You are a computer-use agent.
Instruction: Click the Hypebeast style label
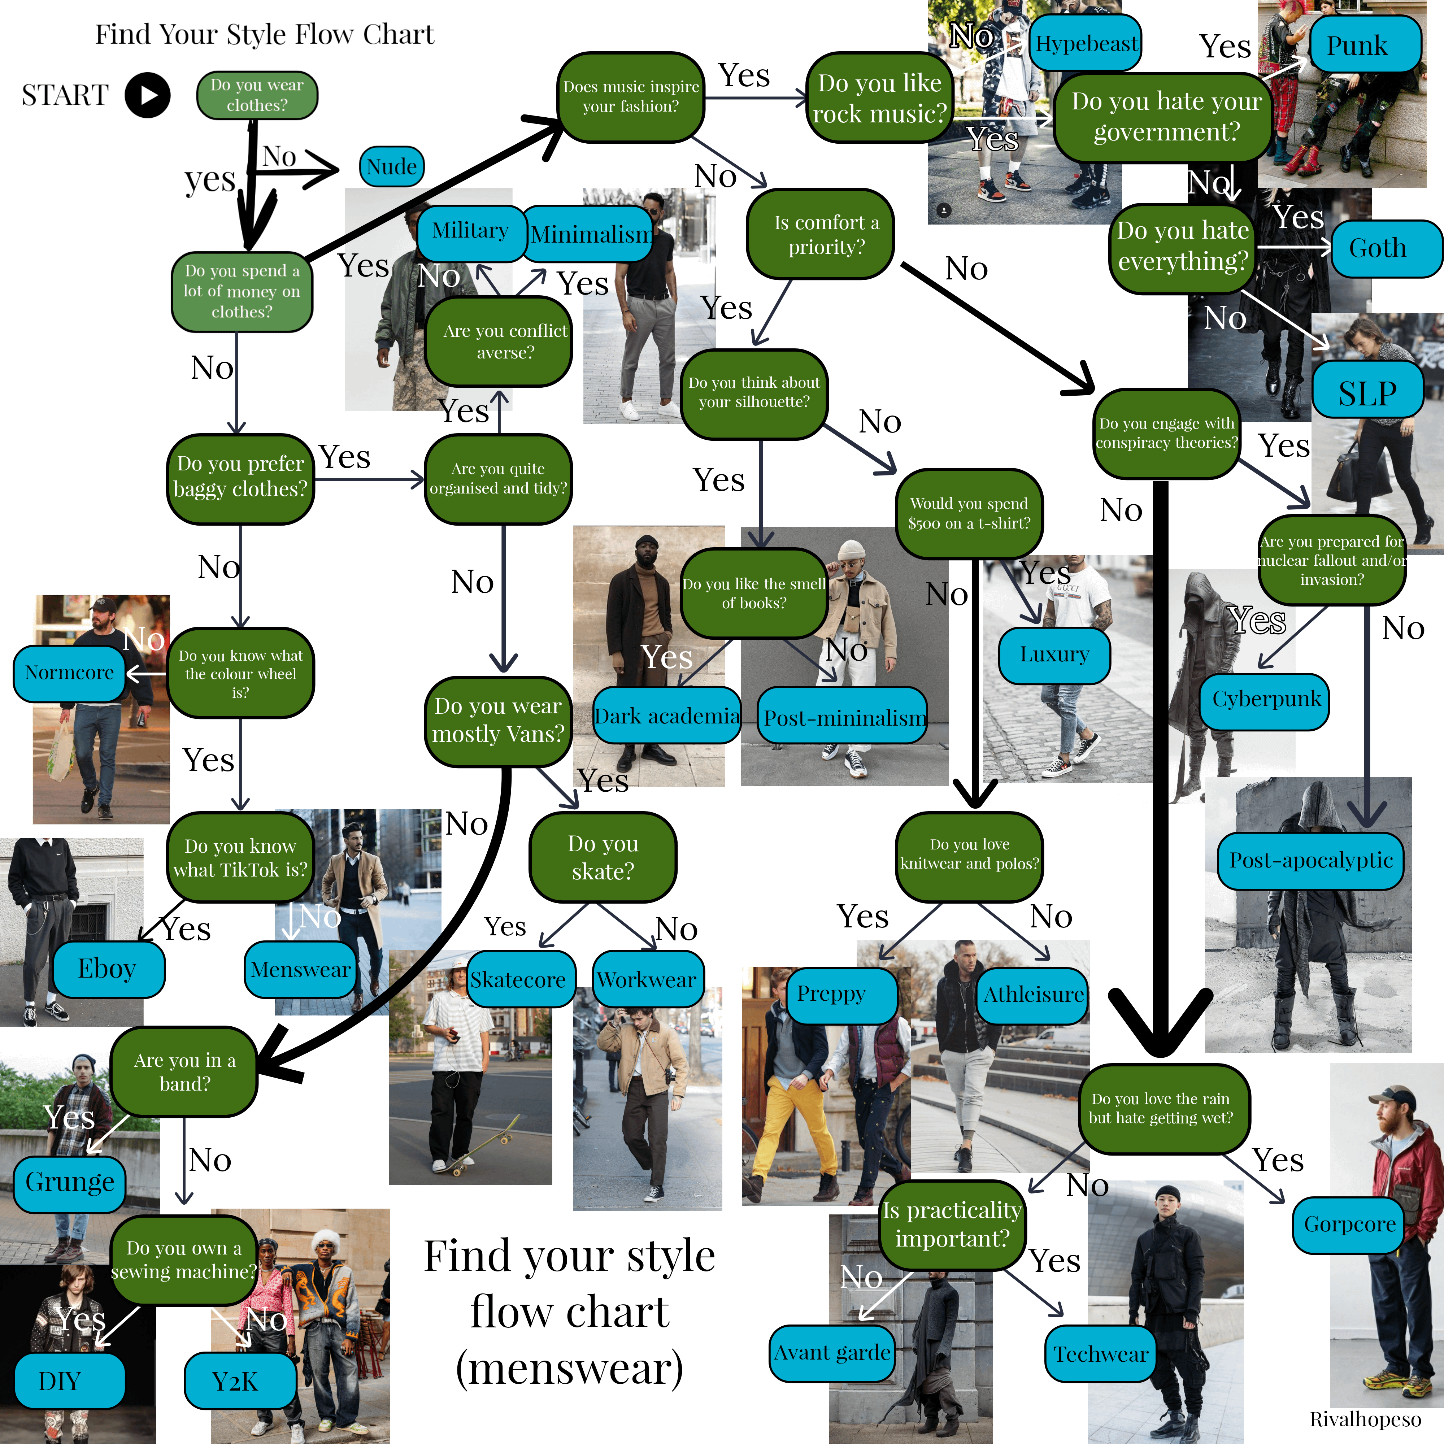(1086, 43)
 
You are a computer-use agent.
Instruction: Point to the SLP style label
(1367, 392)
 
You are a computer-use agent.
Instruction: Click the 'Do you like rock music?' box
(880, 98)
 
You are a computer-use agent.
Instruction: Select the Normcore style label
(70, 673)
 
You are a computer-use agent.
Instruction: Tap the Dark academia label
(667, 716)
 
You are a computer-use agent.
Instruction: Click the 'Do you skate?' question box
(603, 857)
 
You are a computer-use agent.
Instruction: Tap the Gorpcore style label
(1349, 1224)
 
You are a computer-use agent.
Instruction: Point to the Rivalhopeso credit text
(1365, 1419)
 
